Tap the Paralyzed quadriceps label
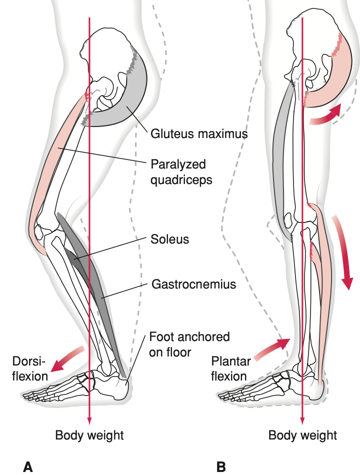[x=181, y=171]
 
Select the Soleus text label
[x=170, y=239]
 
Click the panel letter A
[x=28, y=466]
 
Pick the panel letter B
[x=221, y=466]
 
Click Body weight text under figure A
[x=89, y=435]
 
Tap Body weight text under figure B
[x=303, y=435]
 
